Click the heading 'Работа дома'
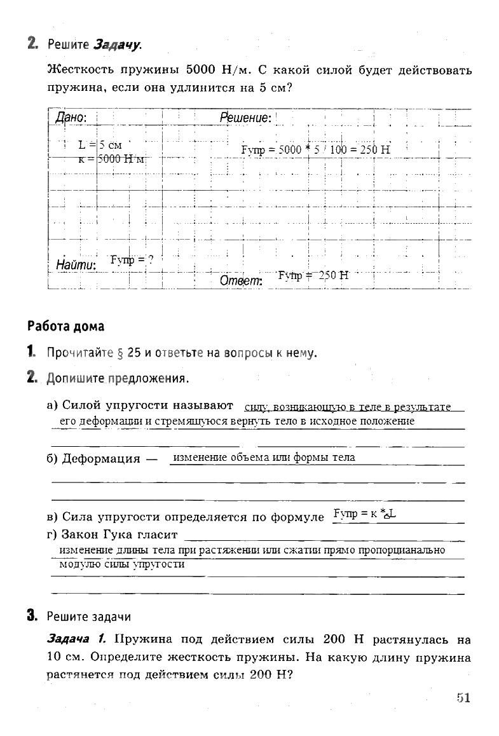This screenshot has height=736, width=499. (65, 326)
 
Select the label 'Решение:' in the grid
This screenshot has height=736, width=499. (245, 118)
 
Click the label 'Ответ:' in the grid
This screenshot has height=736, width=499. (241, 281)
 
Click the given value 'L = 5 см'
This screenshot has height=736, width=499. (100, 145)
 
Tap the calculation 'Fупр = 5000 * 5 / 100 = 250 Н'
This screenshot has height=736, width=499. (315, 150)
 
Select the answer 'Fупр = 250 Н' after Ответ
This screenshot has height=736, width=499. (313, 275)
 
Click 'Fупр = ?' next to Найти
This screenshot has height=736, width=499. (132, 259)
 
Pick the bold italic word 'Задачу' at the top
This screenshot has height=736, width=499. (117, 44)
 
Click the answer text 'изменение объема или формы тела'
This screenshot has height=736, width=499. (264, 457)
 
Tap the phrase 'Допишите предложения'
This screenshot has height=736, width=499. (117, 379)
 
